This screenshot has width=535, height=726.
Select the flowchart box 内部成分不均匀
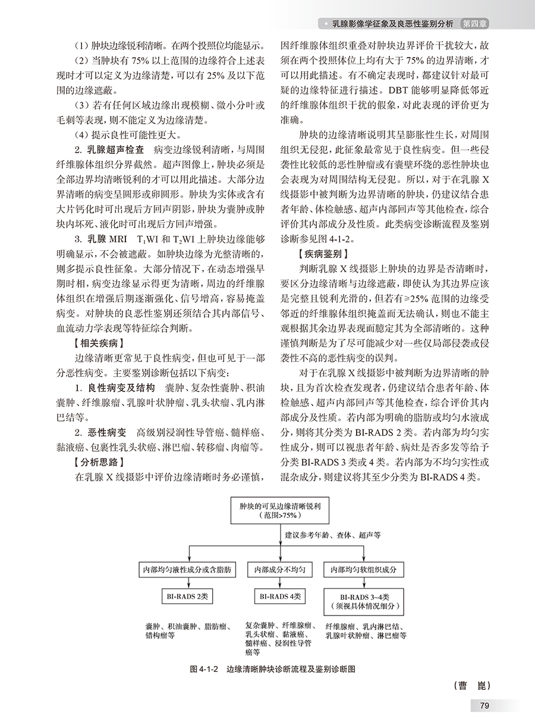coord(279,570)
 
